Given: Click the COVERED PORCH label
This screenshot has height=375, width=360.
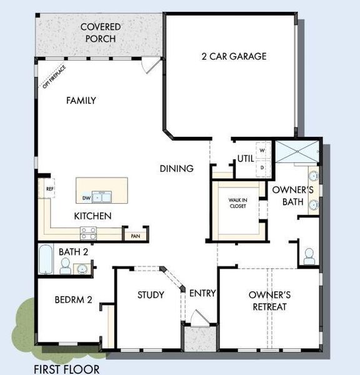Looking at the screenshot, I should [x=100, y=32].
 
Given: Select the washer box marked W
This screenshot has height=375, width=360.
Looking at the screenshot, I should [x=262, y=151].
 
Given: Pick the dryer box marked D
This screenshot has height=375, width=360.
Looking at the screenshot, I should [x=262, y=167].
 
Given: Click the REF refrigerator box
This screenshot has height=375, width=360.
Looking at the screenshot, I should [x=47, y=188].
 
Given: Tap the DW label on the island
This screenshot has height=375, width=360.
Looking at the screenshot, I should [x=86, y=199].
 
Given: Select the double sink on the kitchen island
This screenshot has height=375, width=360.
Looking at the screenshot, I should [x=104, y=198].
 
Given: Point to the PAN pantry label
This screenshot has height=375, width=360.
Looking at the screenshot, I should [x=135, y=236].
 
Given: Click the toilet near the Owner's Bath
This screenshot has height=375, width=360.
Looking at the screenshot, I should [x=308, y=256].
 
